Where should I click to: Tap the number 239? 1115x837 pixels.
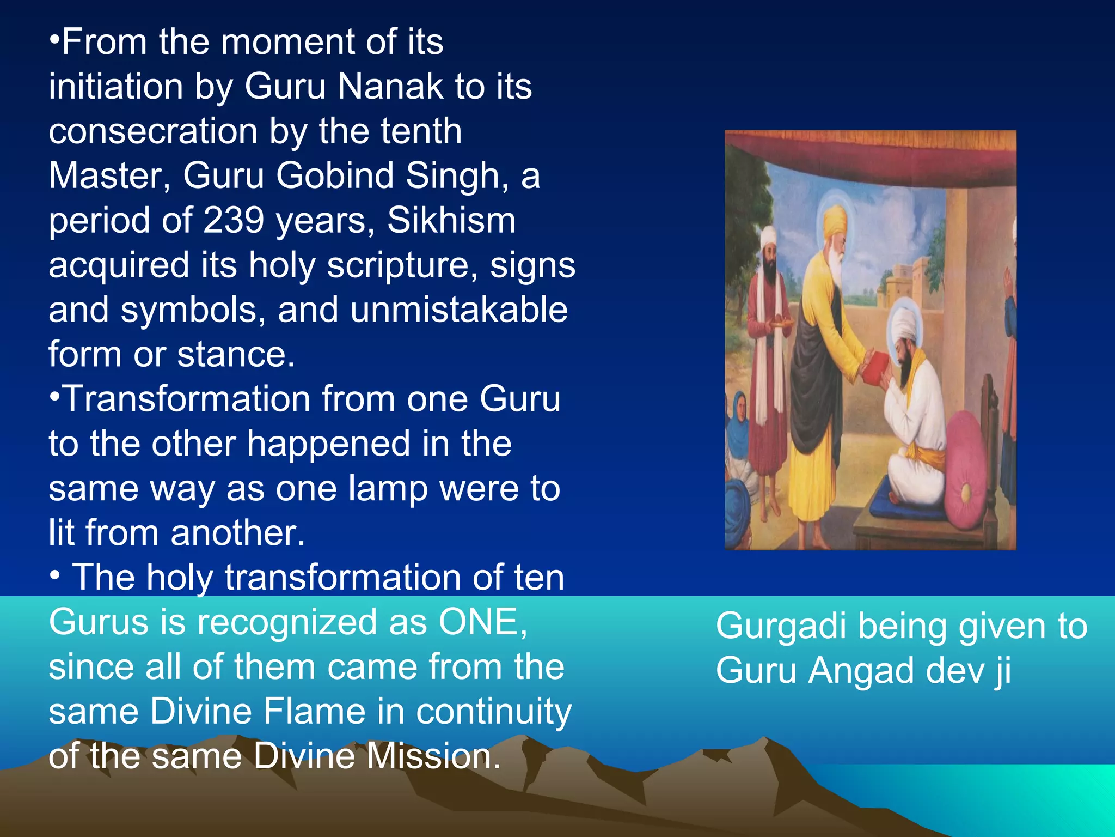[x=235, y=221]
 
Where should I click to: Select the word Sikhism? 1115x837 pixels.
[x=451, y=221]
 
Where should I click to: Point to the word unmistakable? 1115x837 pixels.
[x=459, y=310]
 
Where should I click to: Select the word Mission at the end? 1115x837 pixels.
[x=433, y=756]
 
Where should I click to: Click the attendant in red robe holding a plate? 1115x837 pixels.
[x=768, y=349]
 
